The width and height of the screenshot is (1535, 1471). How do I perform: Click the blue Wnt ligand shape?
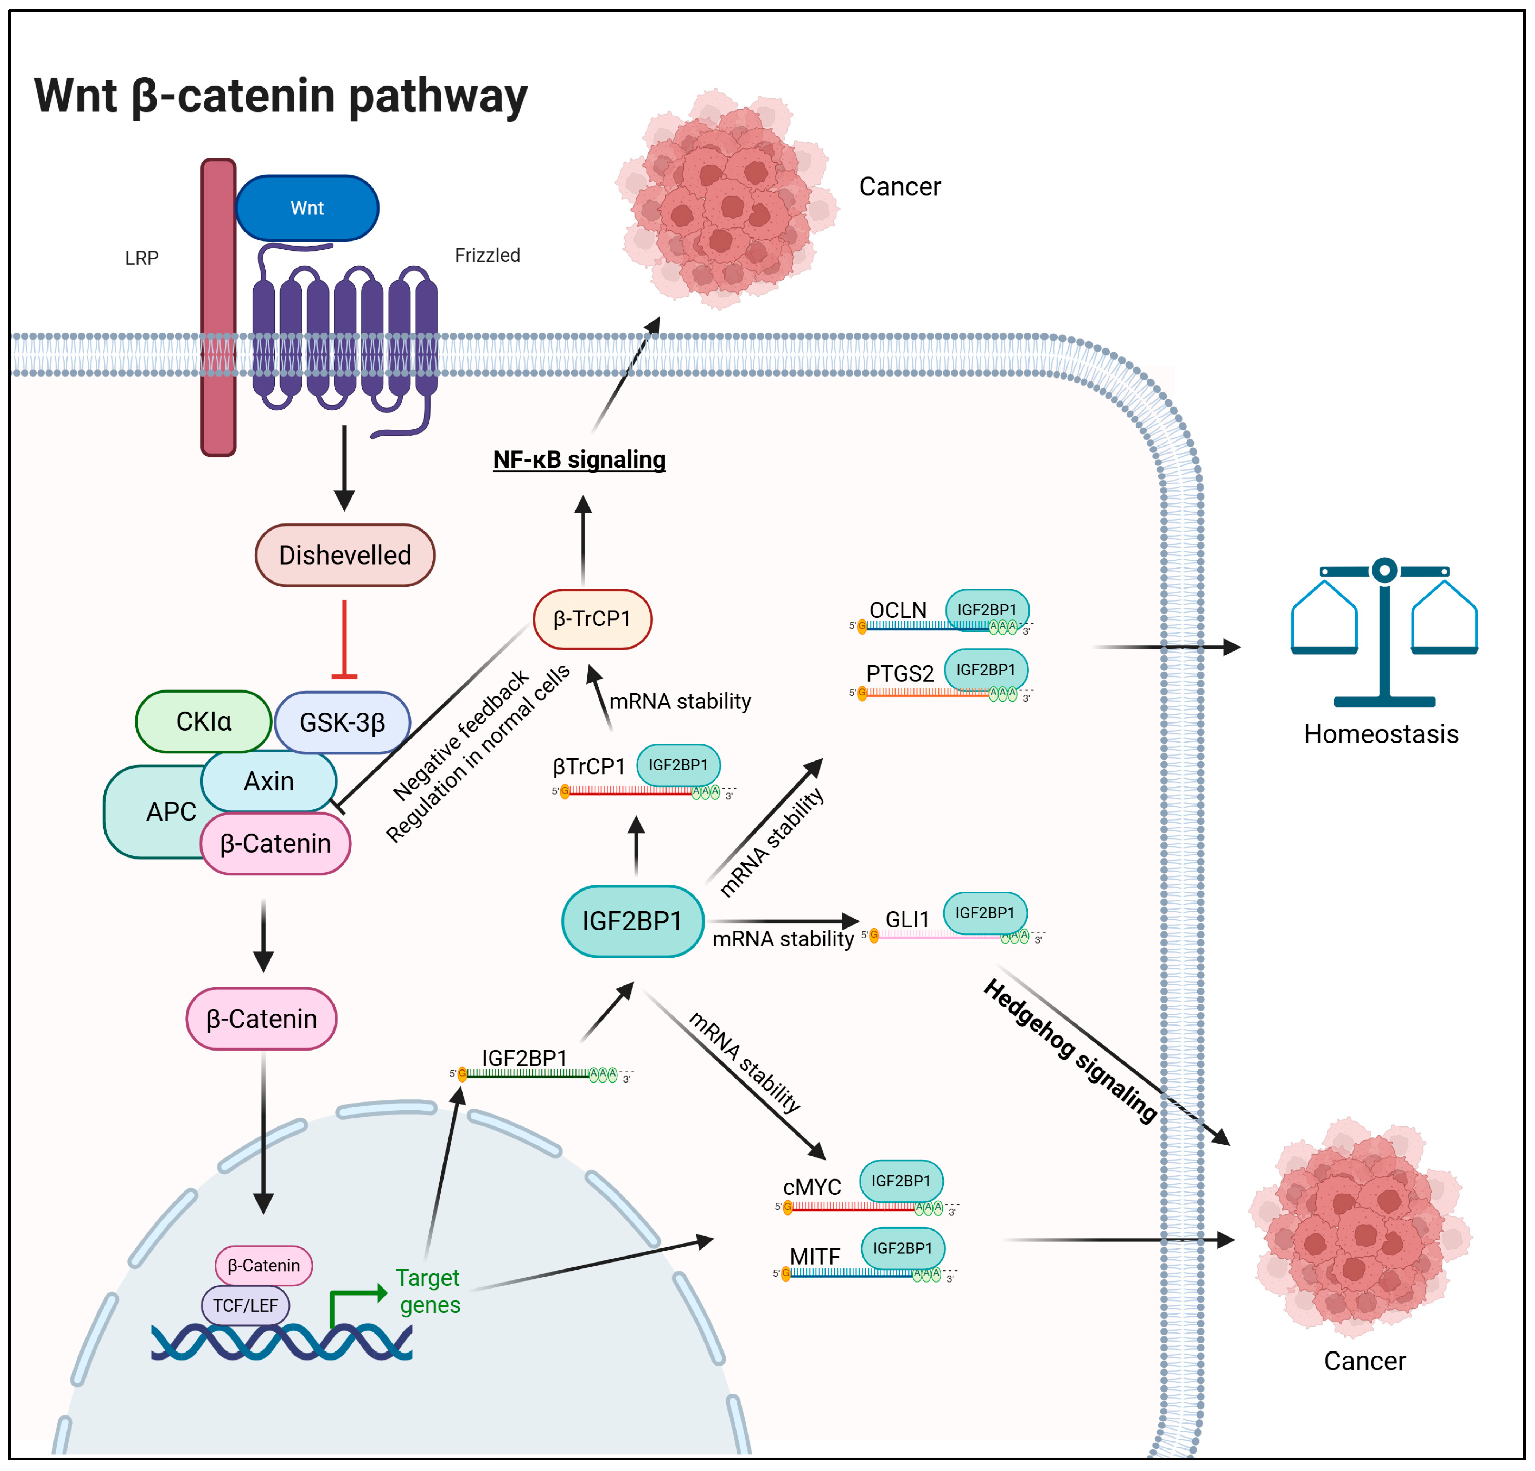pyautogui.click(x=307, y=207)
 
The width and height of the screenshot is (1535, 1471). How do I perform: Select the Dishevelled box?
pyautogui.click(x=345, y=555)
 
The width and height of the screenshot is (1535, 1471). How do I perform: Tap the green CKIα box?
pyautogui.click(x=204, y=721)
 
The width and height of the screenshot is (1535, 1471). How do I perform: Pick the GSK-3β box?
pyautogui.click(x=342, y=722)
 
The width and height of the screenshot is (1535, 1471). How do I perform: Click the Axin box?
pyautogui.click(x=269, y=781)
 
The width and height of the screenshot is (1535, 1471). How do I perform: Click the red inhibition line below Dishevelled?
pyautogui.click(x=345, y=639)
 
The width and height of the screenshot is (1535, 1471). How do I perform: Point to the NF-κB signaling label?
pyautogui.click(x=580, y=460)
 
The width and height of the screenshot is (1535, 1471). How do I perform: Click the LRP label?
pyautogui.click(x=142, y=258)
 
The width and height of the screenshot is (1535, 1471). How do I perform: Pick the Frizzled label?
pyautogui.click(x=487, y=255)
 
